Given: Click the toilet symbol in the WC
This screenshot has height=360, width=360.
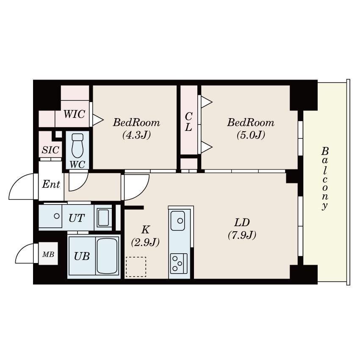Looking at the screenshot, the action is pos(78,145).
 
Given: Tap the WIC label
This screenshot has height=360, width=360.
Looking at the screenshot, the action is pos(74,114).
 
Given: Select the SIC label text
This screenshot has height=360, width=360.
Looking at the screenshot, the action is pos(50,150).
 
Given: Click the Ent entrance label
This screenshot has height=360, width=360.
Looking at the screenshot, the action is pos(51,184).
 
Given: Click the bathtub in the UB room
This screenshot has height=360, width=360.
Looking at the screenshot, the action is pos(107,256).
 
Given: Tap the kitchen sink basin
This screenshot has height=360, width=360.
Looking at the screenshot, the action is pos(178,221).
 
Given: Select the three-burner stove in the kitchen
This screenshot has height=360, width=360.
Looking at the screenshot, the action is pos(179,263).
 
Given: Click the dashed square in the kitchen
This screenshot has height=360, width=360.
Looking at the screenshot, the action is pos(136,267).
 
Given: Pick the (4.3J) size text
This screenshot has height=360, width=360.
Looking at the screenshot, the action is pos(137,135).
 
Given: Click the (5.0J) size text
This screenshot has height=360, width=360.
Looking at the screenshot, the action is pos(251,135).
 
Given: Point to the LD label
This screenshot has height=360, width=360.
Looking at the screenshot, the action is pos(242,222).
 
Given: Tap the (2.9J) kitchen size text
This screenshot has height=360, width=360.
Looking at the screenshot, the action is pos(145,242).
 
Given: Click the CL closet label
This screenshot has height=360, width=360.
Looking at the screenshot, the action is pos(188,122).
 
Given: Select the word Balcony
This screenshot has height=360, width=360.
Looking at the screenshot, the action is pos(325,178).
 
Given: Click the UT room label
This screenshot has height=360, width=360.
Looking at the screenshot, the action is pos(77,218).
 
